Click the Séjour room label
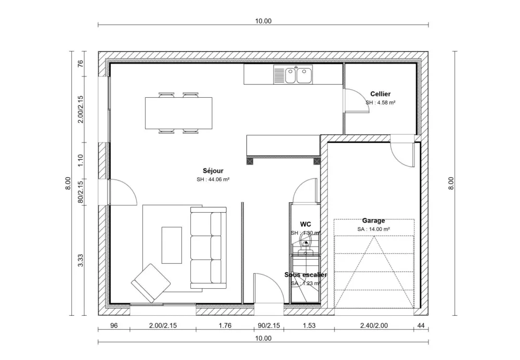[213, 170]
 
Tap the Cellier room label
[380, 94]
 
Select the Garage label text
[373, 221]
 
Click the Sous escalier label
[305, 275]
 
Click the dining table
[179, 113]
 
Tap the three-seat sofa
[209, 248]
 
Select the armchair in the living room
[150, 283]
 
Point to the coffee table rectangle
[172, 245]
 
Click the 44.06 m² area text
[213, 179]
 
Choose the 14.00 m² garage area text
[373, 229]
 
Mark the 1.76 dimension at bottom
[225, 326]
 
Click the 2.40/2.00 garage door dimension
[374, 326]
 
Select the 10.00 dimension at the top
[263, 21]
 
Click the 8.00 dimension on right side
[450, 183]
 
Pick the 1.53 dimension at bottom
[309, 326]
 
